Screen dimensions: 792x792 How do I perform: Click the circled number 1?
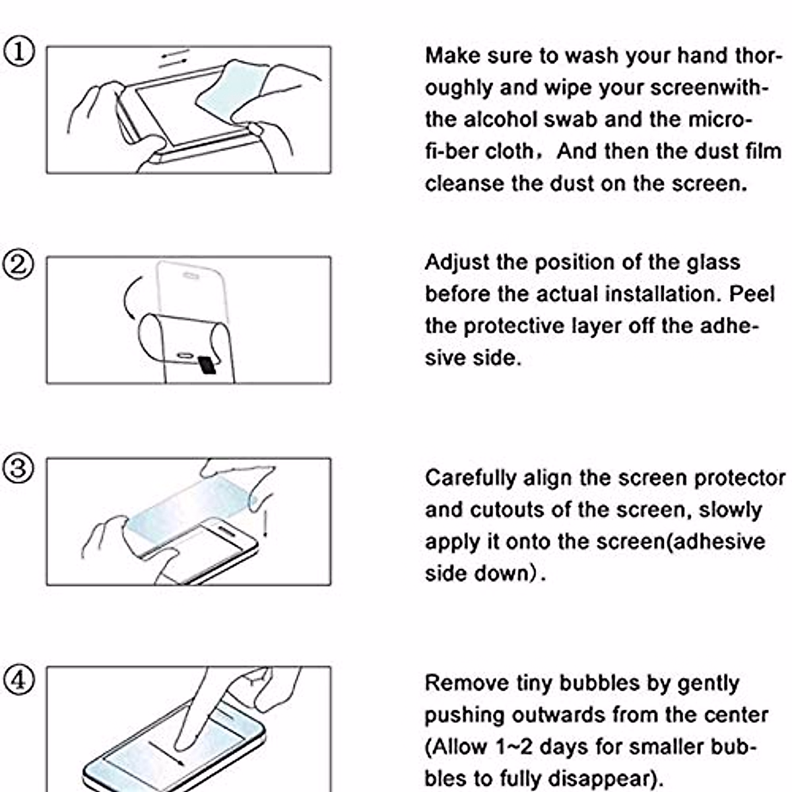(x=19, y=51)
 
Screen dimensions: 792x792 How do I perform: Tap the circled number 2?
(x=19, y=265)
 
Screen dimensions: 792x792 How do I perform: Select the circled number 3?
(x=19, y=468)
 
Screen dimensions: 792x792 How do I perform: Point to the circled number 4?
(x=19, y=679)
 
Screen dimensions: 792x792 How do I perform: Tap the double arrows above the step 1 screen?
(x=174, y=58)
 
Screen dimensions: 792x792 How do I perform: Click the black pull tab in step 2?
(x=207, y=364)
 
